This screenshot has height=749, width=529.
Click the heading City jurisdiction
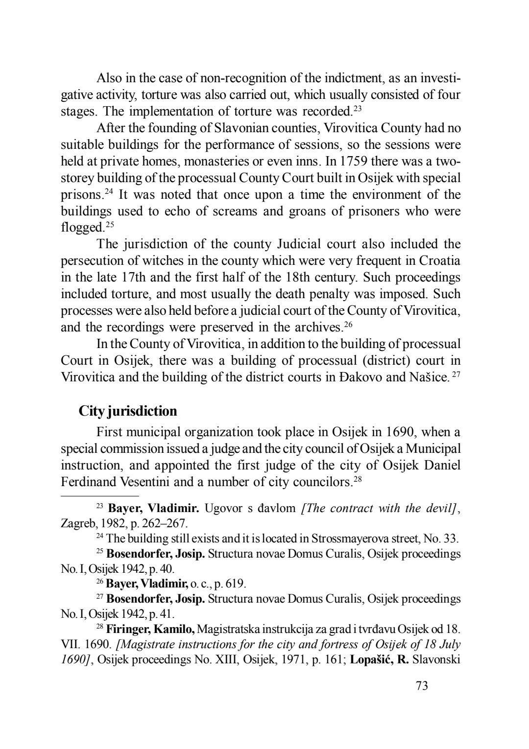pos(128,411)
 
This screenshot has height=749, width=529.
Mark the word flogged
pos(81,228)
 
